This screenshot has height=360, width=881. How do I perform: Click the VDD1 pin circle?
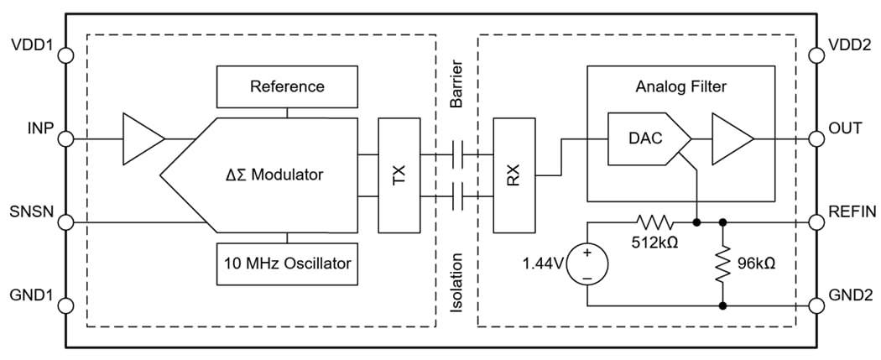[x=66, y=55]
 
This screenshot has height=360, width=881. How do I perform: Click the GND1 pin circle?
[x=66, y=305]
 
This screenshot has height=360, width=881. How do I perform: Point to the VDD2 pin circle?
[x=816, y=55]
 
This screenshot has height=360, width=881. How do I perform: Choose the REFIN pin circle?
[x=816, y=222]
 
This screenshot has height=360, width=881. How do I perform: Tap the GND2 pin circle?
[x=816, y=305]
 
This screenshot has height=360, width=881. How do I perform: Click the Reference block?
[x=287, y=86]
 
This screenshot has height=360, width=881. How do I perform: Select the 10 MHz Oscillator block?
[x=287, y=262]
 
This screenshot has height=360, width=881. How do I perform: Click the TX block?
[x=399, y=175]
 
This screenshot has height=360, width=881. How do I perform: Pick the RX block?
[x=513, y=175]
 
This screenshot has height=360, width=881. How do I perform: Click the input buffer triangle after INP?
[x=142, y=138]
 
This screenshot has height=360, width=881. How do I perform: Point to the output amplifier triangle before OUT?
[x=731, y=138]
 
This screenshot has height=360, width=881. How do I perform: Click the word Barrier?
[x=456, y=85]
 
